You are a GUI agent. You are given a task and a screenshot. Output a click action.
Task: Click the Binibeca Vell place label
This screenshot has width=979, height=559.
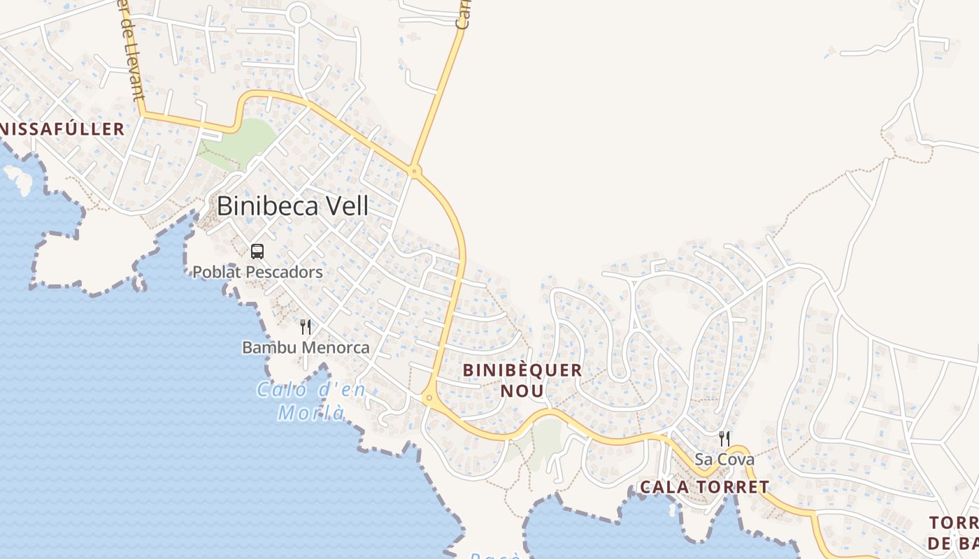tap(292, 206)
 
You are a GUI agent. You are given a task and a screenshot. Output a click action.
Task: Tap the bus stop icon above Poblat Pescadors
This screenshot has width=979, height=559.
tap(257, 252)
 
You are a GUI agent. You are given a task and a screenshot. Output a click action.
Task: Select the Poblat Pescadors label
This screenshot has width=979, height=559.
tap(257, 272)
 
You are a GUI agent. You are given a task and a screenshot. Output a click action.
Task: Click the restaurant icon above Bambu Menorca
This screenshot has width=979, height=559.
tap(306, 327)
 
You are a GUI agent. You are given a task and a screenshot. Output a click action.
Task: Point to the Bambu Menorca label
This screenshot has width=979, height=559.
tap(306, 347)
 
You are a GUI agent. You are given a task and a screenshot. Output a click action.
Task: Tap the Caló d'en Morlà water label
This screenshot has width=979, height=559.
tap(311, 400)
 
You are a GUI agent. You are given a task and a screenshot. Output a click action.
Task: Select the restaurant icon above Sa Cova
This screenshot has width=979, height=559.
tap(724, 439)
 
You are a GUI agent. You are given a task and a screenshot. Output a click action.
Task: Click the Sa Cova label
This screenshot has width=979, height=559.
tap(724, 459)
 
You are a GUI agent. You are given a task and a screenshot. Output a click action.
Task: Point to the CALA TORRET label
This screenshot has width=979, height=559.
tap(704, 487)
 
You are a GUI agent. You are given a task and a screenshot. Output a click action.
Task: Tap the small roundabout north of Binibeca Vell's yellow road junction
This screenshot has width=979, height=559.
tap(415, 170)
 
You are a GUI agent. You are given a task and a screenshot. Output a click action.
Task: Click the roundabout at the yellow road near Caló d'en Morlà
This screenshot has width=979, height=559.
tap(429, 398)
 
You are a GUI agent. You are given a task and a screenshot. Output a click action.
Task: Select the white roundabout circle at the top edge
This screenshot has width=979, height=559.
tap(299, 13)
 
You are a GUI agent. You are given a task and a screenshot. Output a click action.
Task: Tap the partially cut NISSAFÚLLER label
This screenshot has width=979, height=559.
tap(63, 129)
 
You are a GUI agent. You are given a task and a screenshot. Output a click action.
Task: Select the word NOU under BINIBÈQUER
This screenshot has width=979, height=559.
tap(522, 391)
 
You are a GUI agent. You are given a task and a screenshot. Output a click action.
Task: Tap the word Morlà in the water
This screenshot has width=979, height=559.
tap(311, 412)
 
